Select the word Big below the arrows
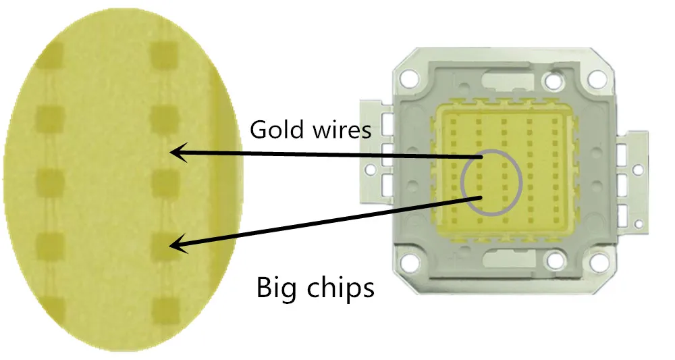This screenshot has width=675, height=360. point(277,288)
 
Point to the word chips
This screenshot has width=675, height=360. point(342,288)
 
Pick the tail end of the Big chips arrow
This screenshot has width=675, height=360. point(481,197)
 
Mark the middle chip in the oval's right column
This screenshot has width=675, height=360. point(164,180)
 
